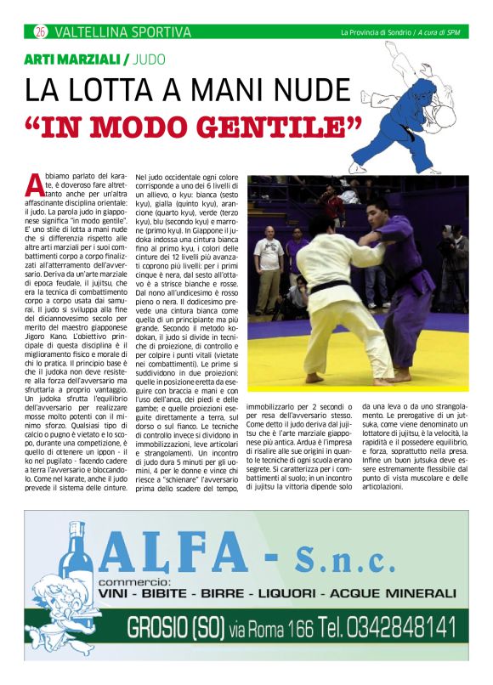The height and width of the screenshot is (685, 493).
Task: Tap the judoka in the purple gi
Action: [399, 280]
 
